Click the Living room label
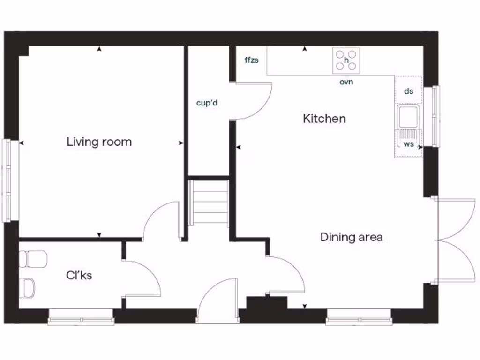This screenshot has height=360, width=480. click(99, 142)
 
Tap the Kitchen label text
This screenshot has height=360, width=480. click(324, 119)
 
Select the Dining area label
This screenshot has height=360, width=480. click(351, 237)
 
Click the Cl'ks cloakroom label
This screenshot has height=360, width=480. click(79, 275)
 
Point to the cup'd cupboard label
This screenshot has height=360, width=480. click(207, 102)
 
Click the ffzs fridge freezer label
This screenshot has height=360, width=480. click(251, 60)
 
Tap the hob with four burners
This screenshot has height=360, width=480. click(346, 60)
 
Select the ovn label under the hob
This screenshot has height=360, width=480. click(346, 82)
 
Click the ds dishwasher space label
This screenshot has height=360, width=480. click(409, 91)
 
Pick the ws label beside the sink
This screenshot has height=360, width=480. click(409, 144)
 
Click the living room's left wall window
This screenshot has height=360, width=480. click(9, 180)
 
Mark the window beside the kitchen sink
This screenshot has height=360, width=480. click(436, 116)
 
